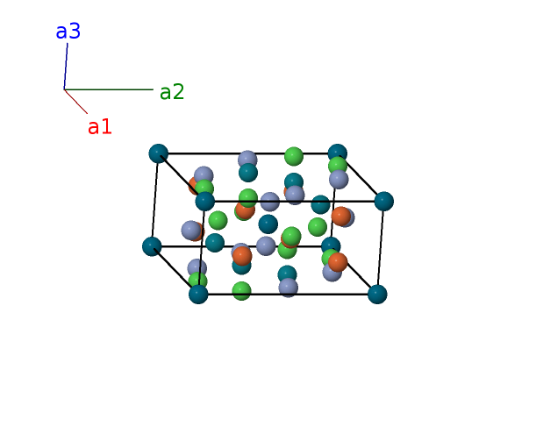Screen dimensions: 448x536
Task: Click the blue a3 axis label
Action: point(68,32)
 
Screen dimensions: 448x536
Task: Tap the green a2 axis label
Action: point(172,92)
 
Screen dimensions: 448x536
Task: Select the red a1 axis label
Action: point(100,127)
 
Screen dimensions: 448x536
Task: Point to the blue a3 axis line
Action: point(66,66)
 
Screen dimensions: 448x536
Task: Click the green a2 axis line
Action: point(110,89)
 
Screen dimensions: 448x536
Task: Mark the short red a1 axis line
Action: point(76,102)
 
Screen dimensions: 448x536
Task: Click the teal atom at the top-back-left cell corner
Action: point(158,153)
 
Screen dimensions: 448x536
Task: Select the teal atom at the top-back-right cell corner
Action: point(337,153)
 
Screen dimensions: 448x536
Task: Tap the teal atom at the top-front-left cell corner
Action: point(205,202)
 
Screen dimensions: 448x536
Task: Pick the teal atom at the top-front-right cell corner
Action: point(383,201)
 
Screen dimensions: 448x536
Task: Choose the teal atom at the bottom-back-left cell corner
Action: point(152,246)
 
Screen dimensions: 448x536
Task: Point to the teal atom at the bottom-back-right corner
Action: point(331,246)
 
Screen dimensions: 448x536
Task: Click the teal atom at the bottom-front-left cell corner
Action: point(198,294)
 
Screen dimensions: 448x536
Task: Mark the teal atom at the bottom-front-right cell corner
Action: point(377,294)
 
